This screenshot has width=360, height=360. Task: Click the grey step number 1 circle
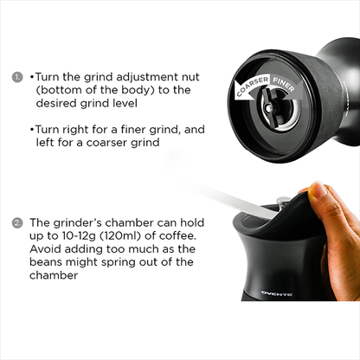point(17,77)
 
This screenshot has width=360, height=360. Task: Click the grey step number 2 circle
point(17,223)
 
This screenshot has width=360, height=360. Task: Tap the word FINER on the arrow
point(284,84)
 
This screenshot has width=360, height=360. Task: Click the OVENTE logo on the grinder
point(277,293)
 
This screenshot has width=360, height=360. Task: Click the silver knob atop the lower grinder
point(284,201)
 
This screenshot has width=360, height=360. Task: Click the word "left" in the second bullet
point(45,142)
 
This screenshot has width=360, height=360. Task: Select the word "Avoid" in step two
point(45,248)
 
